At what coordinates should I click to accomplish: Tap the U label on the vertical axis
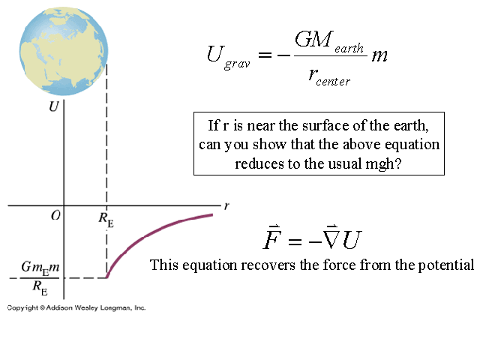(53, 106)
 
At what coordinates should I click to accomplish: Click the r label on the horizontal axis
(226, 203)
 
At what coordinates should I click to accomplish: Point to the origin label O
(55, 216)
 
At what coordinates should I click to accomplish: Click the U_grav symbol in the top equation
(224, 56)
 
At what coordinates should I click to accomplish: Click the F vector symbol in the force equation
(271, 239)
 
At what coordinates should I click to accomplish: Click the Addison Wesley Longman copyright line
(76, 307)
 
